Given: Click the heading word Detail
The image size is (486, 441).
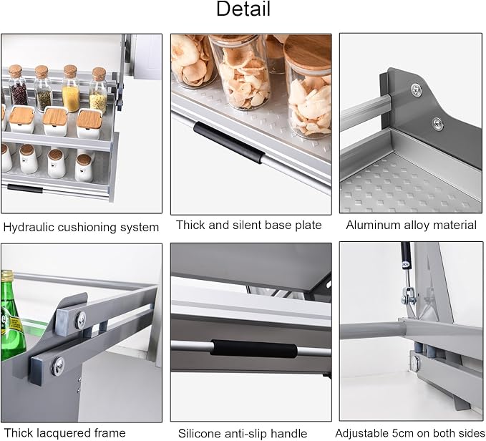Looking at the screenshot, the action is [x=243, y=9].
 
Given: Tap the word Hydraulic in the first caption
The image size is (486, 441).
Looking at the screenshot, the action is [x=29, y=228].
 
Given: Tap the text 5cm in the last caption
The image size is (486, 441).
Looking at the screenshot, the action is [x=406, y=433].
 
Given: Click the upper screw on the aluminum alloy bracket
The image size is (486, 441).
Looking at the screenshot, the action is [x=417, y=90].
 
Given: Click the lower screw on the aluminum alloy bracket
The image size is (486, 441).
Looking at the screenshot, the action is [x=437, y=124].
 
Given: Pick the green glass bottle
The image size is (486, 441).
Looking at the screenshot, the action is [x=11, y=316].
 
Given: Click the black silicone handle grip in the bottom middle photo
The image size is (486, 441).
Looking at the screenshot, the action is [x=254, y=349].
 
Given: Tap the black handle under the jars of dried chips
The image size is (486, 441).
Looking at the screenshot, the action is [x=229, y=142].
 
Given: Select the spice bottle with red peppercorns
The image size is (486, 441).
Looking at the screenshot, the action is [x=17, y=85].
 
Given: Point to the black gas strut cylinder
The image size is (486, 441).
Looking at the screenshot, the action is [x=406, y=256].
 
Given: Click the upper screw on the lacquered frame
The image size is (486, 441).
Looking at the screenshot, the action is [x=81, y=319].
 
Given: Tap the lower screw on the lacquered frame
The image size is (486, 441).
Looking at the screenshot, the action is [x=58, y=366].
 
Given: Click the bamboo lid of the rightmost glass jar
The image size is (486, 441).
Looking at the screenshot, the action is [x=308, y=52].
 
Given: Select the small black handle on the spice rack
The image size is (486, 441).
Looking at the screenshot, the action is [x=25, y=189].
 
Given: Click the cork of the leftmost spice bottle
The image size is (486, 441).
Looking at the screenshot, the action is [x=15, y=72].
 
